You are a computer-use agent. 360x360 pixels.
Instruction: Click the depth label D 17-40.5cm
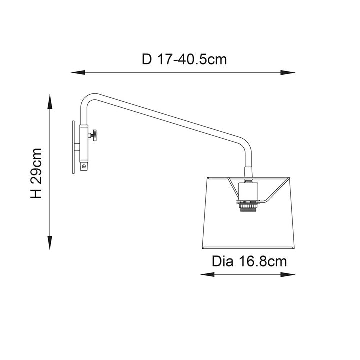click(x=184, y=59)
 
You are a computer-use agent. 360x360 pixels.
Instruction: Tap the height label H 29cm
click(x=36, y=173)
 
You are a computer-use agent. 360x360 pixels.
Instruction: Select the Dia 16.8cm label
click(x=249, y=261)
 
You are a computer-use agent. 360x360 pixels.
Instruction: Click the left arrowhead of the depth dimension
click(x=78, y=73)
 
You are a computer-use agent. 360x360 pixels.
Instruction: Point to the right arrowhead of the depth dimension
click(x=288, y=73)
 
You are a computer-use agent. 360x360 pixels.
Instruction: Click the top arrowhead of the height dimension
click(x=50, y=101)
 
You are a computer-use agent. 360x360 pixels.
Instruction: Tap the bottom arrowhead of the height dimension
click(x=50, y=243)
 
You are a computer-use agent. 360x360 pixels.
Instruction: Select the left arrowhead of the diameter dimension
click(x=208, y=274)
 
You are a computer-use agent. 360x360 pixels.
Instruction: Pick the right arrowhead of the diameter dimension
click(x=288, y=274)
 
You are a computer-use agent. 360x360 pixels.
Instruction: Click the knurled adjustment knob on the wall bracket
click(x=93, y=135)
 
